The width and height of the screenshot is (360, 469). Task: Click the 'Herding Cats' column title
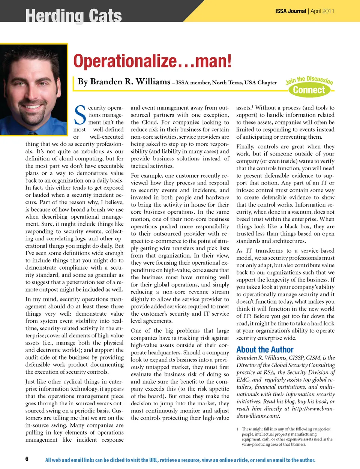tap(73, 16)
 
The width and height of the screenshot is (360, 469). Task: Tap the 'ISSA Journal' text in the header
tap(291, 11)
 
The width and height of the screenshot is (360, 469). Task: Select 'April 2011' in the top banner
tap(322, 11)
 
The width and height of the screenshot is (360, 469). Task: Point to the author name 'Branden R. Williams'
tap(124, 82)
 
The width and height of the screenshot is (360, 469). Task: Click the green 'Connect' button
tap(309, 90)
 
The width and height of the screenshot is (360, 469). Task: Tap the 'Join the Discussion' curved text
tap(309, 79)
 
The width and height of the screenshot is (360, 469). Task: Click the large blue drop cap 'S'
tap(80, 115)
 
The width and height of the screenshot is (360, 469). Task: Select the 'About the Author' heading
tap(265, 350)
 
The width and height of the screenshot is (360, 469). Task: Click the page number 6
tap(27, 459)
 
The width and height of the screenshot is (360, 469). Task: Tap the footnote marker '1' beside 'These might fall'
tap(237, 429)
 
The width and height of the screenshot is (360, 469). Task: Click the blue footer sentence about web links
tap(180, 460)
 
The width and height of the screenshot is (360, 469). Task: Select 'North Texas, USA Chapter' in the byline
tap(244, 83)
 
